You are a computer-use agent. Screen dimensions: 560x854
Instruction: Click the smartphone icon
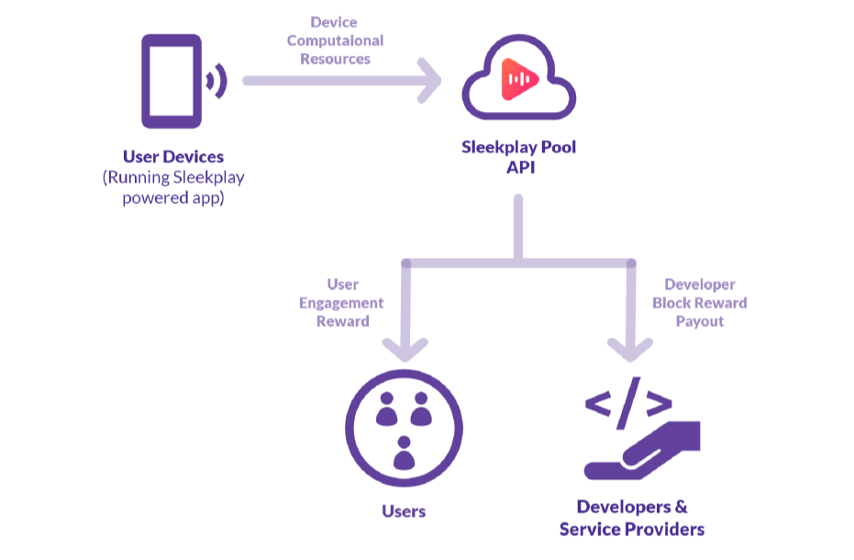[x=171, y=81]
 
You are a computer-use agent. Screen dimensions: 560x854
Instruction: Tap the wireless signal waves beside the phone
[x=216, y=82]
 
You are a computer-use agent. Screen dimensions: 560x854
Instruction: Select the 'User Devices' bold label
[x=173, y=156]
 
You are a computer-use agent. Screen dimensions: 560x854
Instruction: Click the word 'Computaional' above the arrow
[x=335, y=40]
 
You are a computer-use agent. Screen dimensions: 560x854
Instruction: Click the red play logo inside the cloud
[x=518, y=81]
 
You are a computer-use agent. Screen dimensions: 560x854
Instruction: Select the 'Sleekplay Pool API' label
[x=518, y=156]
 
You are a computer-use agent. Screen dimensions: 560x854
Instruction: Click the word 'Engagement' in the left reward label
[x=341, y=303]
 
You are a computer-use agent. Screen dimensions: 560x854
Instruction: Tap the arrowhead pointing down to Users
[x=404, y=347]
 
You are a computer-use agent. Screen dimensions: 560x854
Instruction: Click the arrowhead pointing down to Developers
[x=630, y=347]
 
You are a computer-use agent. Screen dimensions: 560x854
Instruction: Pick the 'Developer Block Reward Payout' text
[x=700, y=303]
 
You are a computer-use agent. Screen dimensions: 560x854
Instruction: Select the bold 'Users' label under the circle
[x=404, y=510]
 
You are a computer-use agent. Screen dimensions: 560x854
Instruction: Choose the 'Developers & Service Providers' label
[x=632, y=518]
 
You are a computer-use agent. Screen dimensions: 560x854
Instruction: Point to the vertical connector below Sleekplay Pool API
[x=518, y=226]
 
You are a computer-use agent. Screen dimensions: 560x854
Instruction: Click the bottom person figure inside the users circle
[x=404, y=452]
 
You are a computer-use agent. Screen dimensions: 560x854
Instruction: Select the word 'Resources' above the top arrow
[x=335, y=59]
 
